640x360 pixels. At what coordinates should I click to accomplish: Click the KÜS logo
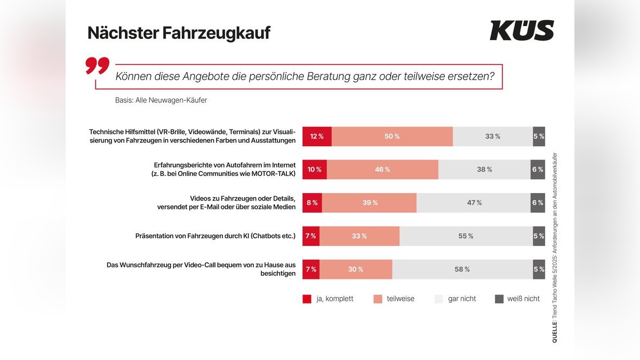pyautogui.click(x=522, y=31)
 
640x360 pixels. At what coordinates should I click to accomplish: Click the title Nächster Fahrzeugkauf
pyautogui.click(x=179, y=33)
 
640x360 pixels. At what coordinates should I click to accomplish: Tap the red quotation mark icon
pyautogui.click(x=97, y=66)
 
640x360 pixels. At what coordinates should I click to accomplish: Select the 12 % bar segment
pyautogui.click(x=317, y=137)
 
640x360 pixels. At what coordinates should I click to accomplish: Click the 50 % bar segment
pyautogui.click(x=392, y=137)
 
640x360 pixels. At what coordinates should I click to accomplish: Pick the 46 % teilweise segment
pyautogui.click(x=382, y=170)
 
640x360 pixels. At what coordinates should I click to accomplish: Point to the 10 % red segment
pyautogui.click(x=314, y=170)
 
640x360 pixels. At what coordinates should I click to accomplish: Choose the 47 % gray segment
pyautogui.click(x=474, y=203)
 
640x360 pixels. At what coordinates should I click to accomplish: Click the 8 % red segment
pyautogui.click(x=312, y=203)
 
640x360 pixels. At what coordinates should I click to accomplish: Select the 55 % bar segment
pyautogui.click(x=466, y=236)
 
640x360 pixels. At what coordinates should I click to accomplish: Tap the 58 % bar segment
pyautogui.click(x=462, y=269)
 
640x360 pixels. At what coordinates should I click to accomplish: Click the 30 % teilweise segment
pyautogui.click(x=356, y=269)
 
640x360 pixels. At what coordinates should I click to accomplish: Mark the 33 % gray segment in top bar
pyautogui.click(x=492, y=137)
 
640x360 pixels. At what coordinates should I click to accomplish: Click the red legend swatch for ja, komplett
pyautogui.click(x=307, y=299)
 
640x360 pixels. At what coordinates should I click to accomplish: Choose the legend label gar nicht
pyautogui.click(x=462, y=299)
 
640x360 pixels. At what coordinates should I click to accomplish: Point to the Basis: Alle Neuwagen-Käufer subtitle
pyautogui.click(x=161, y=100)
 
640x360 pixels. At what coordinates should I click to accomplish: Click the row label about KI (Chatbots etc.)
pyautogui.click(x=215, y=236)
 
